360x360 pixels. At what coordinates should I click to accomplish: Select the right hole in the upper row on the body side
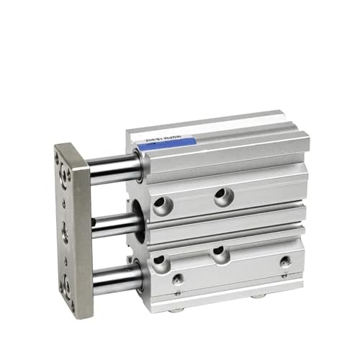222,194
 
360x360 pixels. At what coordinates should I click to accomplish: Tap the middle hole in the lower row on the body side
220,252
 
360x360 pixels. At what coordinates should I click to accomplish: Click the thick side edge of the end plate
81,230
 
